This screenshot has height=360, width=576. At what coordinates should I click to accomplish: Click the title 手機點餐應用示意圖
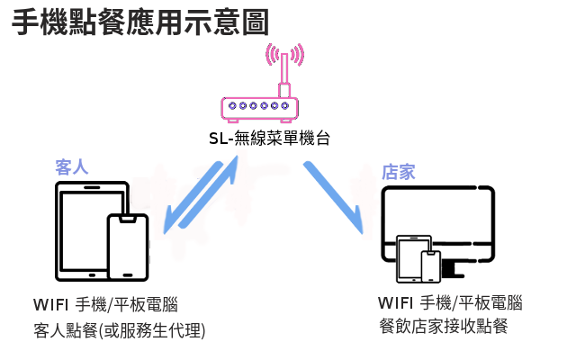pyautogui.click(x=140, y=22)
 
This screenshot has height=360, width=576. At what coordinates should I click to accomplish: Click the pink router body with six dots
pyautogui.click(x=259, y=108)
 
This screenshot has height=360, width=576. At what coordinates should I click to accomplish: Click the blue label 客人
pyautogui.click(x=71, y=167)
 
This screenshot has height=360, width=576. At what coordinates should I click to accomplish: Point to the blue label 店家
pyautogui.click(x=399, y=172)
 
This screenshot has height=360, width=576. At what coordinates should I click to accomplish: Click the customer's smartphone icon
pyautogui.click(x=127, y=248)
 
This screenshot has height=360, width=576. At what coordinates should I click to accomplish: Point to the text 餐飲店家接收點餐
pyautogui.click(x=444, y=325)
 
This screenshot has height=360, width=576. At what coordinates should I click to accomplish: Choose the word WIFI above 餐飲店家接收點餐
pyautogui.click(x=397, y=301)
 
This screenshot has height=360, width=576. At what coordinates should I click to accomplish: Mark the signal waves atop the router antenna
pyautogui.click(x=283, y=54)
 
